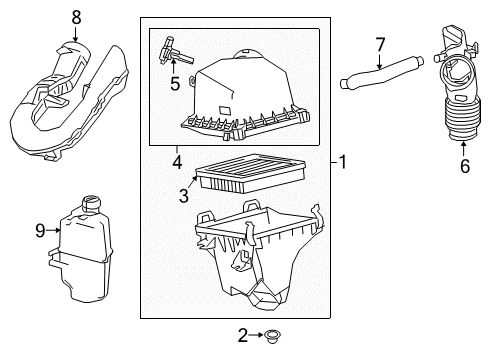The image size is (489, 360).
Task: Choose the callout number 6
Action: pos(463,166)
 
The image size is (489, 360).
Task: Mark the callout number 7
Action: pos(380,44)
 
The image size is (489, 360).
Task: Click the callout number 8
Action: pos(75,16)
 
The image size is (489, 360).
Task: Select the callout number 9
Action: pos(41,230)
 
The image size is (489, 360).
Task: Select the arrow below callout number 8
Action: pos(75,33)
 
